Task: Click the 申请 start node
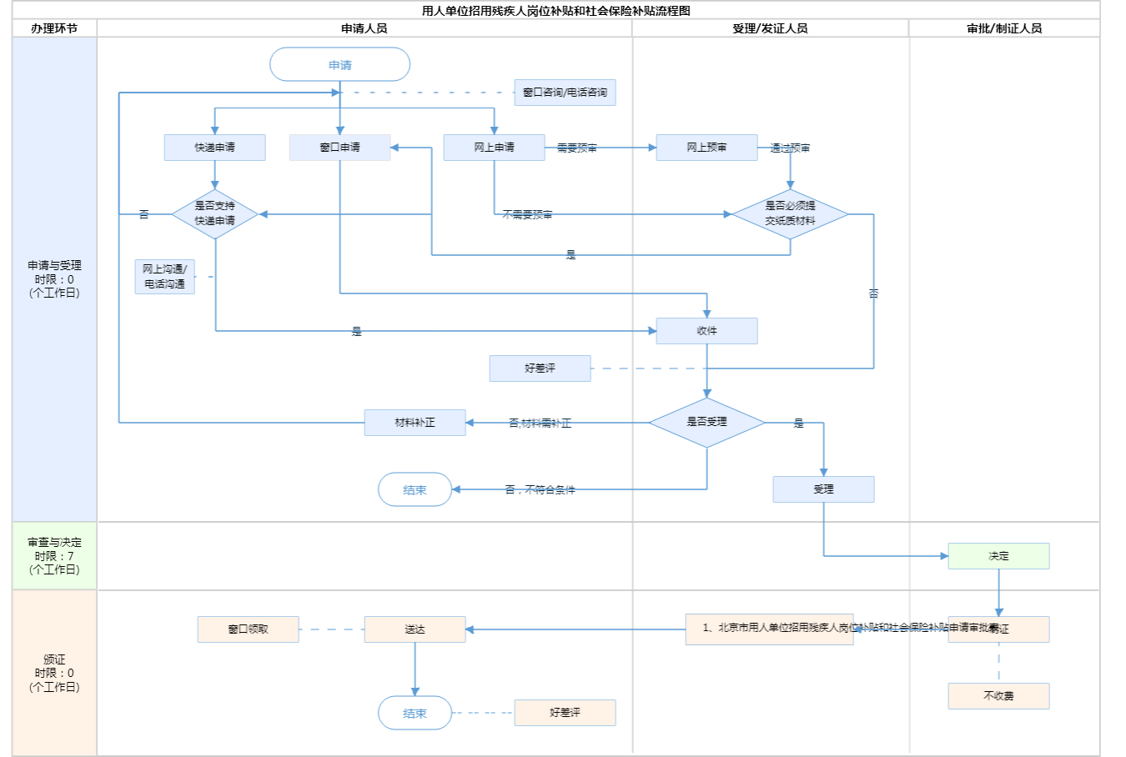coord(339,64)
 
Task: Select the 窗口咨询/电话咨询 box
coord(565,93)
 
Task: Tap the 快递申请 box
coord(214,148)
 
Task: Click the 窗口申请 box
coord(339,148)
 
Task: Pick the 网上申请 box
coord(494,148)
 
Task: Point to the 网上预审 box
coord(706,148)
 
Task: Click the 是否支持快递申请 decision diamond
coord(214,213)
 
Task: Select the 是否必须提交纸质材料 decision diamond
coord(790,213)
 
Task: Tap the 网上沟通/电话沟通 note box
coord(164,277)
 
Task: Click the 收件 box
coord(706,331)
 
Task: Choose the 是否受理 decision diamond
coord(706,423)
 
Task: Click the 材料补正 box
coord(415,423)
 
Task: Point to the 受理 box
coord(823,489)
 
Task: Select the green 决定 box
coord(998,556)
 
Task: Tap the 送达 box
coord(415,629)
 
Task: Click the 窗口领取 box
coord(248,629)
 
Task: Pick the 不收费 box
coord(998,696)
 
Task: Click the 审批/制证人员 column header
coord(1004,28)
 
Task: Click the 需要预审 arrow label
coord(576,148)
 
